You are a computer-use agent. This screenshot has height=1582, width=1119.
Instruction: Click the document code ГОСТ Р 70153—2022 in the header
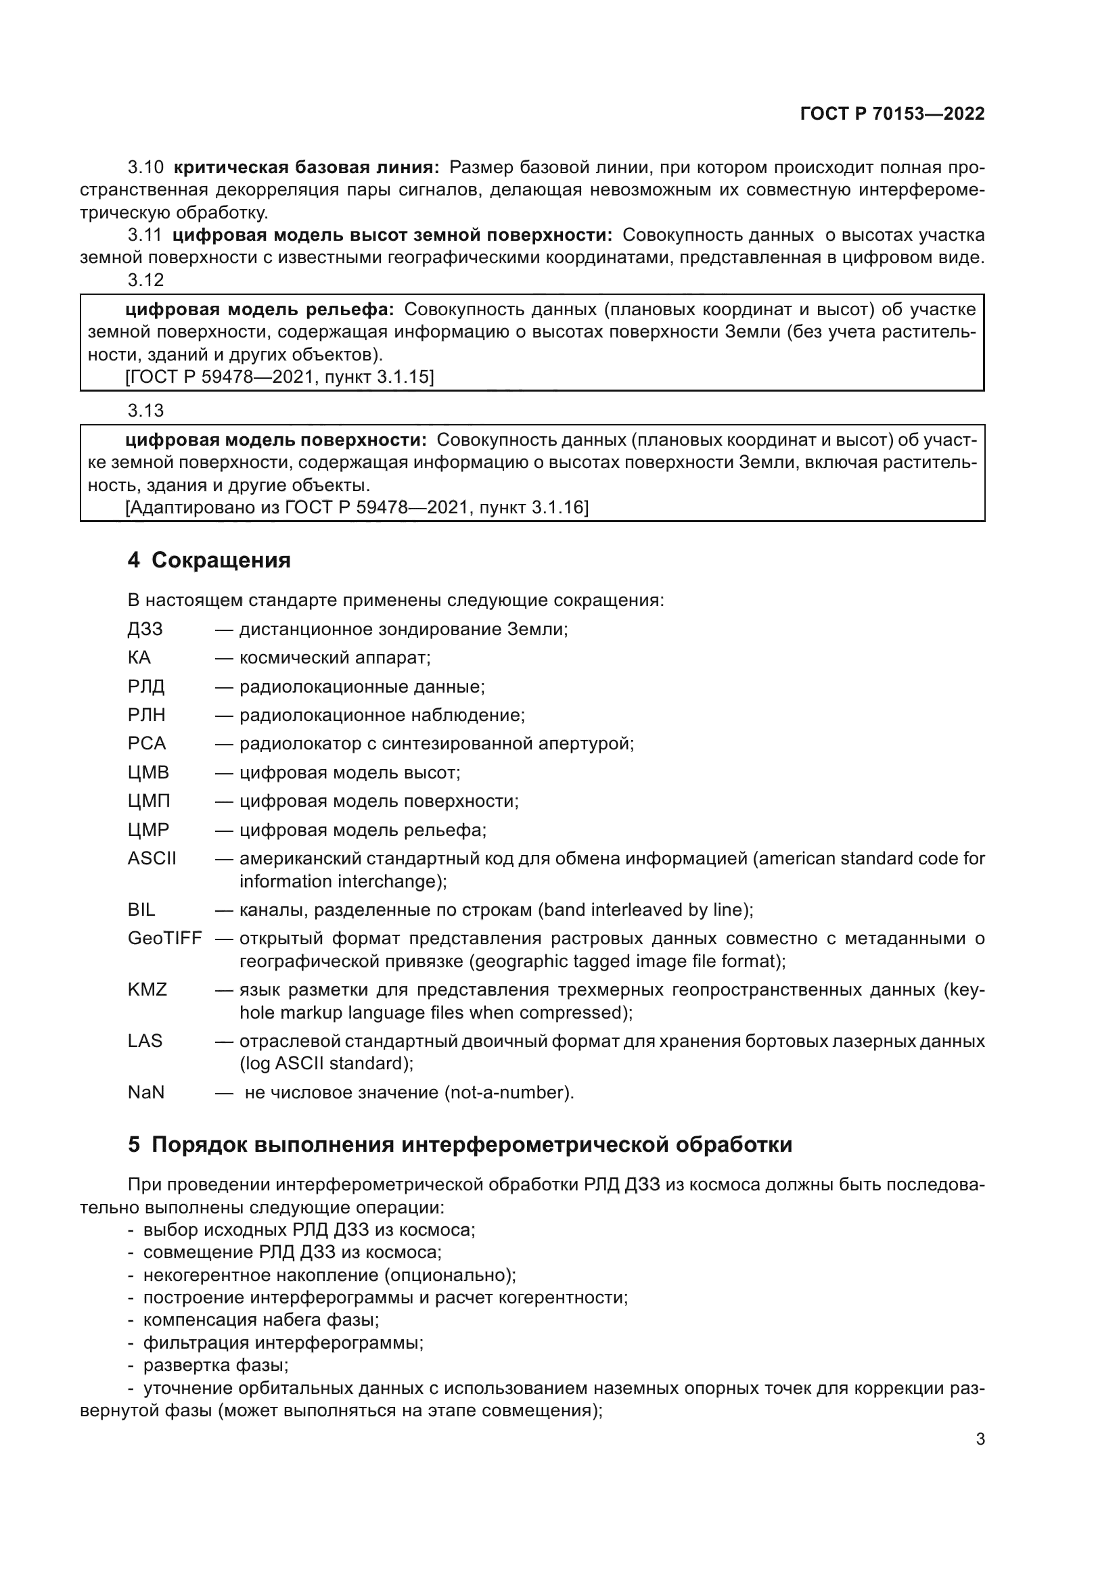click(892, 114)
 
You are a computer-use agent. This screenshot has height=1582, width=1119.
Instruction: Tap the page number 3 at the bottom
click(980, 1439)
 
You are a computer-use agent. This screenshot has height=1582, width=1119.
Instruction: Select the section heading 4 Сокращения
click(209, 560)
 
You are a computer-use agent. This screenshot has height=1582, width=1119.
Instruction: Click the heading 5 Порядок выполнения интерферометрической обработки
click(459, 1144)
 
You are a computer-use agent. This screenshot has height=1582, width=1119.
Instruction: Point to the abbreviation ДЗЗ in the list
click(145, 629)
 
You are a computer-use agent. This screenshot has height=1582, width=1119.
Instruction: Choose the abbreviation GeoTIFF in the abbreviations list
click(164, 939)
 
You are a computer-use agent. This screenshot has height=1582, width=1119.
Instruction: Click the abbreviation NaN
click(146, 1092)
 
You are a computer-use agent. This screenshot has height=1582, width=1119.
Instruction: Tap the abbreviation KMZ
click(147, 990)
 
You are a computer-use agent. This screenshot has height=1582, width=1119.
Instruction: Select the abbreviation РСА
click(147, 743)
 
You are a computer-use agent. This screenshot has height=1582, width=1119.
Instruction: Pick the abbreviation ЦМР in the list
click(148, 830)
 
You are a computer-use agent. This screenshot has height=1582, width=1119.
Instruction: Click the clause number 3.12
click(145, 280)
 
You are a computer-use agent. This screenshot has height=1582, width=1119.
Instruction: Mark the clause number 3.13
click(145, 411)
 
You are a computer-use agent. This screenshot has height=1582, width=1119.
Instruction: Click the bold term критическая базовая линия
click(306, 168)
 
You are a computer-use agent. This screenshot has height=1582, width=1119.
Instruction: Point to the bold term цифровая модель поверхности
click(275, 440)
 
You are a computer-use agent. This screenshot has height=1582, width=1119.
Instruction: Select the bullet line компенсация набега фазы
click(261, 1320)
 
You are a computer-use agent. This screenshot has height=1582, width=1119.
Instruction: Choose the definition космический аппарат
click(334, 657)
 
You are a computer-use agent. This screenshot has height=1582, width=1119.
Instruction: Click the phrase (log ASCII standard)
click(326, 1064)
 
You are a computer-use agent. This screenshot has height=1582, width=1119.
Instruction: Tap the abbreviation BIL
click(141, 910)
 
